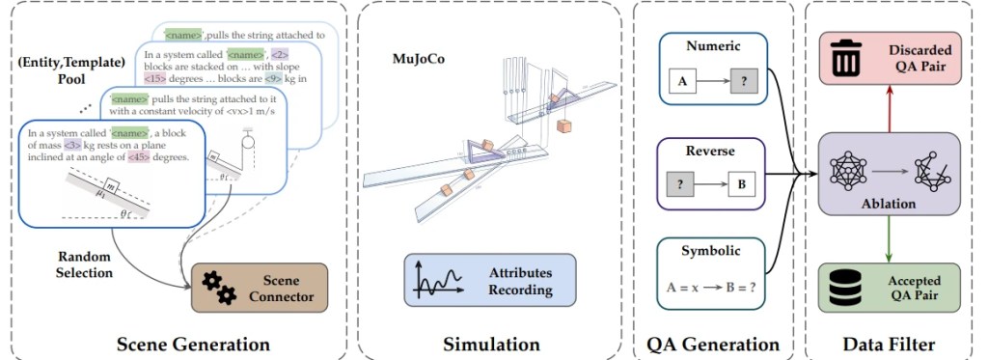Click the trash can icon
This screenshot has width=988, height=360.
click(845, 57)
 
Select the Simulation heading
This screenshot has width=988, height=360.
click(490, 343)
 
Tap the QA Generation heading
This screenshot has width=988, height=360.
click(712, 343)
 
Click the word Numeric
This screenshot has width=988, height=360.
click(712, 46)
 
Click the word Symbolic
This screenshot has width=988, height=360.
click(712, 252)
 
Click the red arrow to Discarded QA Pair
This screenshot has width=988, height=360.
click(889, 106)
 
